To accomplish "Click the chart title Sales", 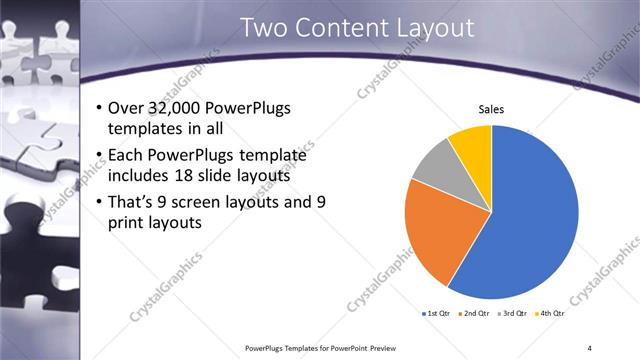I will coord(491,109).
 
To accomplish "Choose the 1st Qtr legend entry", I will coord(436,313).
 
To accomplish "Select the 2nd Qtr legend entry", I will coord(473,313).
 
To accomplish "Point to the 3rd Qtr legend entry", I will coord(510,313).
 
